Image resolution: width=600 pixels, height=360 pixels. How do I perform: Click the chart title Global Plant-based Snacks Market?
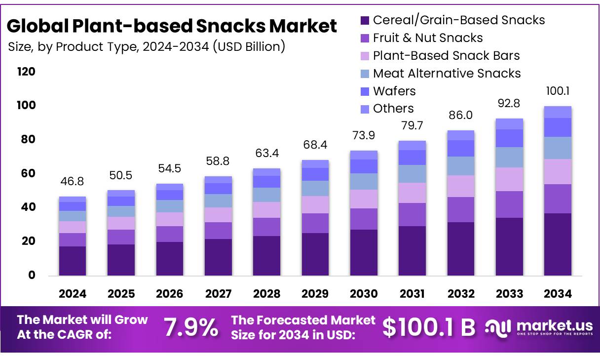[x=172, y=26]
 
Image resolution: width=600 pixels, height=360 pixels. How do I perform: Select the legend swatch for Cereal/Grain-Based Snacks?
[x=365, y=20]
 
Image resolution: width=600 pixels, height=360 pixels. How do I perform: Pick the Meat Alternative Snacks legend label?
[x=447, y=73]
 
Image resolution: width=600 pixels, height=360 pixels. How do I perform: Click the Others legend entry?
[x=393, y=108]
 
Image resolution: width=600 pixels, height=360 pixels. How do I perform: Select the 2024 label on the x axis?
[x=73, y=294]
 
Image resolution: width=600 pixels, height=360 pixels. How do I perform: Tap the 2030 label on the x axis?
[x=364, y=294]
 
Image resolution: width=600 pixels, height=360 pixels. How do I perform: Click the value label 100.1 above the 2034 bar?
[x=558, y=91]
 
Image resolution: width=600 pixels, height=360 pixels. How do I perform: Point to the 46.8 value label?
[x=73, y=182]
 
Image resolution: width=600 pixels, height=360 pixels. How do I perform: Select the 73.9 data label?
[x=364, y=136]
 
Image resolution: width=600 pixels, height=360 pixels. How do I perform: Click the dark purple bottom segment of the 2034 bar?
[x=558, y=244]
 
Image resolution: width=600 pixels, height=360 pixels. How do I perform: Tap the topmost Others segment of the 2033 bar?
[x=509, y=123]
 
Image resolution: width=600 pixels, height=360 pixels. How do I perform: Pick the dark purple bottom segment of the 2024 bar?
[x=73, y=260]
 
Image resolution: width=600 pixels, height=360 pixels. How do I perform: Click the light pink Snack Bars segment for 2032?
[x=461, y=186]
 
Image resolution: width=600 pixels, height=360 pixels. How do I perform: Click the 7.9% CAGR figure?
[x=190, y=327]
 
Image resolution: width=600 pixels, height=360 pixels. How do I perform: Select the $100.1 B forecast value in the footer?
[x=429, y=327]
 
